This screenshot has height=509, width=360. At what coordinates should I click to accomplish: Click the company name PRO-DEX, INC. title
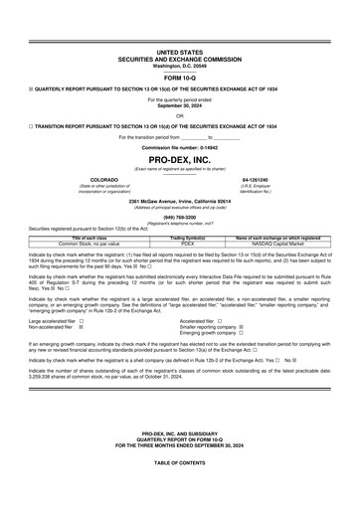click(x=179, y=159)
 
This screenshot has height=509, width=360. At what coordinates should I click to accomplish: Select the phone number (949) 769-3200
click(x=179, y=216)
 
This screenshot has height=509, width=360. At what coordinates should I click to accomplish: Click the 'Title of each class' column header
click(x=89, y=239)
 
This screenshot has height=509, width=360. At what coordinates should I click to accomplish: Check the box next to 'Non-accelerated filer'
click(x=82, y=328)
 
